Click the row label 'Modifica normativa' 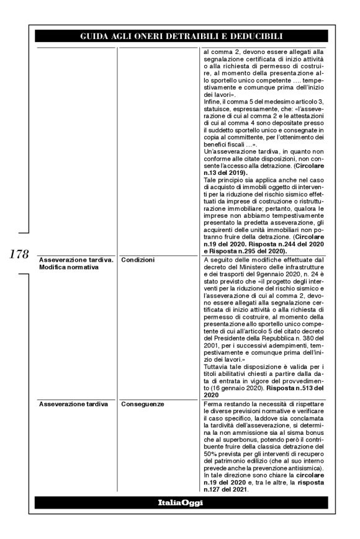pos(67,267)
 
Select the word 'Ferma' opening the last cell pos(214,404)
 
